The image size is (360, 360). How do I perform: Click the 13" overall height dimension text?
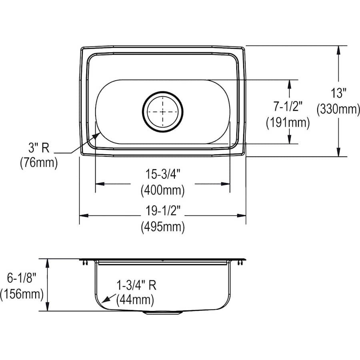coord(338,94)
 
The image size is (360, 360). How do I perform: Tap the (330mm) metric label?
coord(338,109)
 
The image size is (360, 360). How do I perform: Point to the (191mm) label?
coord(288,122)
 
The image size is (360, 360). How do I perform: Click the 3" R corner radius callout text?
coord(38,148)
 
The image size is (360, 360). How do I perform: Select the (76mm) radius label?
coord(38,163)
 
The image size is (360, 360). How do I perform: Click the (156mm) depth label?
coord(22,294)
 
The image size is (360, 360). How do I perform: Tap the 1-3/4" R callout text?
coord(136,285)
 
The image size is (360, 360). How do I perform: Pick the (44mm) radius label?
coord(135,299)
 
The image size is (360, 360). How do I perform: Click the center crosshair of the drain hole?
coord(163,112)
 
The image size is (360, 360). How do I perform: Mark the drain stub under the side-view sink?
coord(163,313)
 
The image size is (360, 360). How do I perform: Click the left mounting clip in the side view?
coord(85,262)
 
